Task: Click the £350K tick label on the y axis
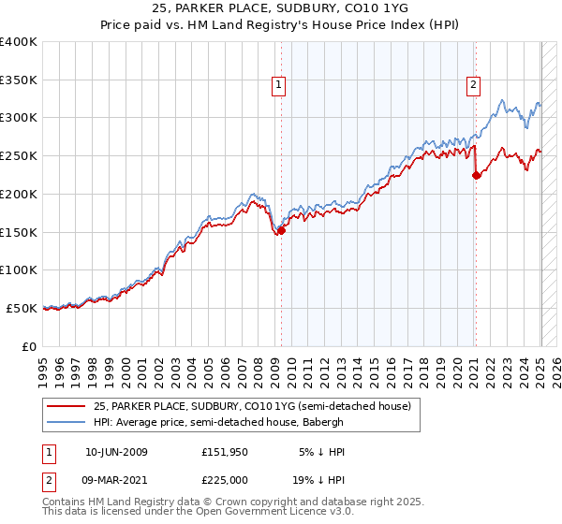click(19, 80)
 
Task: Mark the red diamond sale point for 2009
click(281, 231)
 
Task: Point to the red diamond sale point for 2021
click(476, 175)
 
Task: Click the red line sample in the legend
click(67, 406)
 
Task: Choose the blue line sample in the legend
click(67, 422)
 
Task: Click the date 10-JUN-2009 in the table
click(116, 452)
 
